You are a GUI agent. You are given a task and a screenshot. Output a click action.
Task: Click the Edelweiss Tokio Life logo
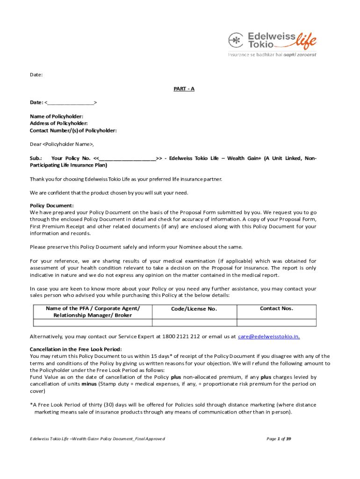pyautogui.click(x=272, y=41)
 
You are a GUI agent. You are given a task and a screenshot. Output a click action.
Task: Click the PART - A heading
pyautogui.click(x=184, y=89)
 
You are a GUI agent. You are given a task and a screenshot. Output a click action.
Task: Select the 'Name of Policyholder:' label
pyautogui.click(x=57, y=116)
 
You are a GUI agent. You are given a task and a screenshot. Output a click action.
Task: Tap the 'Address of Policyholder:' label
pyautogui.click(x=58, y=123)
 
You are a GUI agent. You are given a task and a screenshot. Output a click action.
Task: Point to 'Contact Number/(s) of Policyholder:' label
pyautogui.click(x=73, y=131)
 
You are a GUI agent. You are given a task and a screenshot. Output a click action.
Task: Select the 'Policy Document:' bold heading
pyautogui.click(x=52, y=205)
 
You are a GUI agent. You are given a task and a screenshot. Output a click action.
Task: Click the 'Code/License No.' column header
pyautogui.click(x=194, y=309)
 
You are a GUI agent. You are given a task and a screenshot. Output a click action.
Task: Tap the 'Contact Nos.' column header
pyautogui.click(x=276, y=308)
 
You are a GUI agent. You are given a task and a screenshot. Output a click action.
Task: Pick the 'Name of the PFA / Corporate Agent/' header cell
pyautogui.click(x=93, y=308)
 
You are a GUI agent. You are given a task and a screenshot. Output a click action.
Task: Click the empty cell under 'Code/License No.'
pyautogui.click(x=194, y=322)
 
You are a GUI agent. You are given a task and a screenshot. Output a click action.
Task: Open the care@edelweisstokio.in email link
pyautogui.click(x=269, y=336)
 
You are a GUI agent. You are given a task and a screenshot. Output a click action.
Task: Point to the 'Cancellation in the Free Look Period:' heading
pyautogui.click(x=76, y=349)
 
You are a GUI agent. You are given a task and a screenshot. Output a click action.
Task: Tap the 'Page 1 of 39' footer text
pyautogui.click(x=279, y=439)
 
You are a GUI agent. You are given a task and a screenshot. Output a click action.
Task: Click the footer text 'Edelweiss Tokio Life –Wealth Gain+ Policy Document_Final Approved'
pyautogui.click(x=97, y=439)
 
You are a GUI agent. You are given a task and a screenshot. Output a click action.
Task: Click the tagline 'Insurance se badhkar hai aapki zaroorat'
pyautogui.click(x=272, y=55)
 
